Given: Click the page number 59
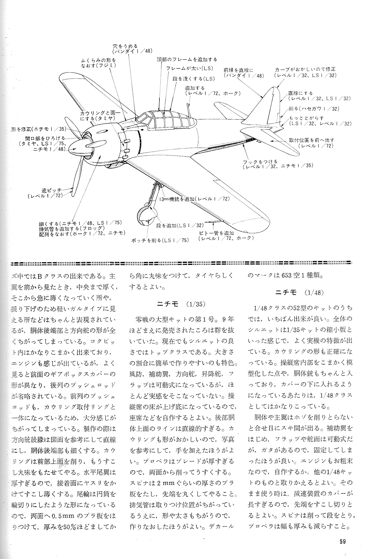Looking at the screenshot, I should [343, 542].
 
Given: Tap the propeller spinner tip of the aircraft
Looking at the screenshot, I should [73, 146].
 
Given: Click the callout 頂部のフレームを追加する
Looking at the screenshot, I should [187, 59].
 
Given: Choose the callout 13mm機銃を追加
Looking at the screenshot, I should [194, 199].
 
